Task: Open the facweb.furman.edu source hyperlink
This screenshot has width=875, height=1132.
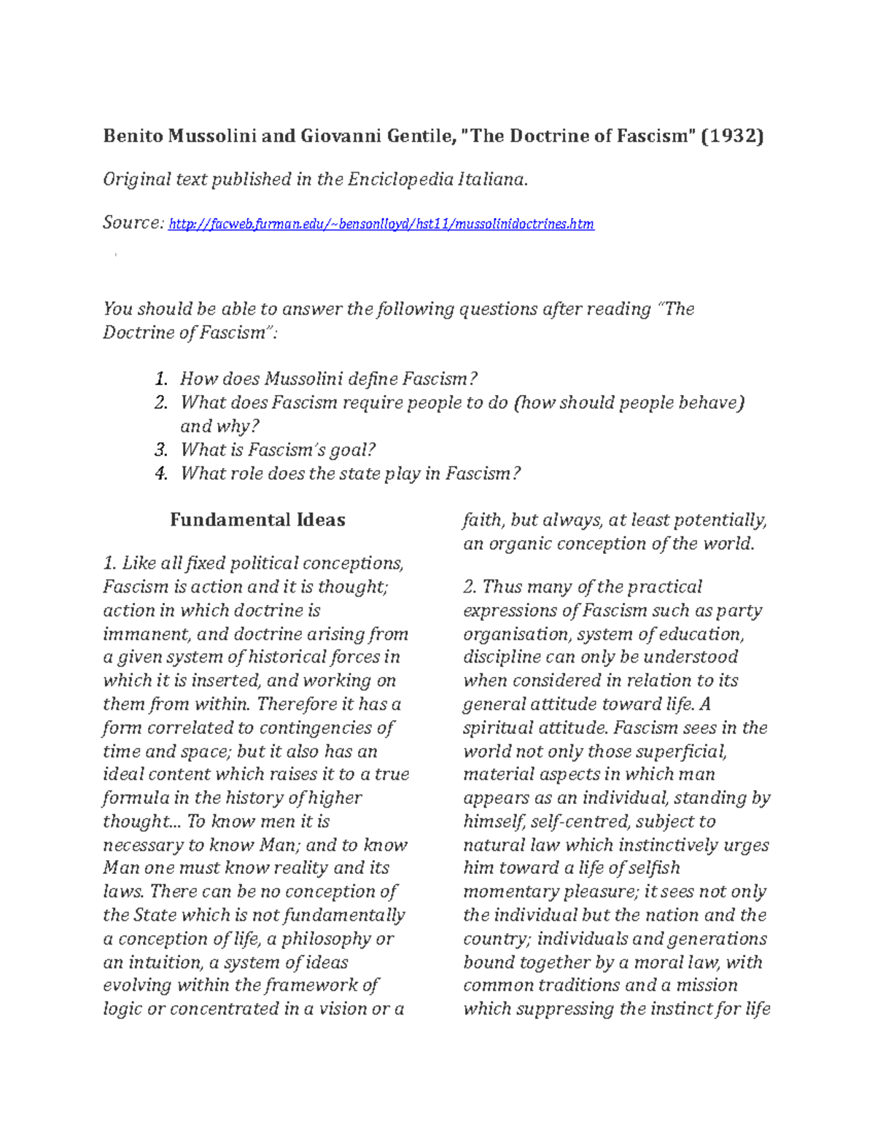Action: click(381, 225)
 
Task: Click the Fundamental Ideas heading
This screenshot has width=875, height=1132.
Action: click(257, 520)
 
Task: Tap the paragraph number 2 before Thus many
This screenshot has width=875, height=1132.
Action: click(470, 587)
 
